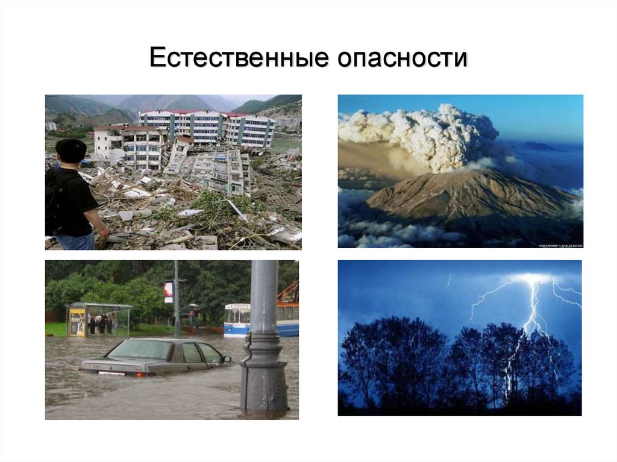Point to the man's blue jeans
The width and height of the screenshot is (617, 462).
pyautogui.click(x=76, y=240)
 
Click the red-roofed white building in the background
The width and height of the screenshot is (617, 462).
pyautogui.click(x=205, y=126)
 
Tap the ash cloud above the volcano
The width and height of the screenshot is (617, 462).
pyautogui.click(x=422, y=133)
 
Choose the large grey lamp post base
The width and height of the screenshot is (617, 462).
pyautogui.click(x=263, y=386)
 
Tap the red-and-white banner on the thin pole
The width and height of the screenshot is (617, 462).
pyautogui.click(x=168, y=292)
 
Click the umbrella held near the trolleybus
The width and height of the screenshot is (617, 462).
pyautogui.click(x=193, y=307)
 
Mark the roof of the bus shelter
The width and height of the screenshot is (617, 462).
pyautogui.click(x=99, y=305)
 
